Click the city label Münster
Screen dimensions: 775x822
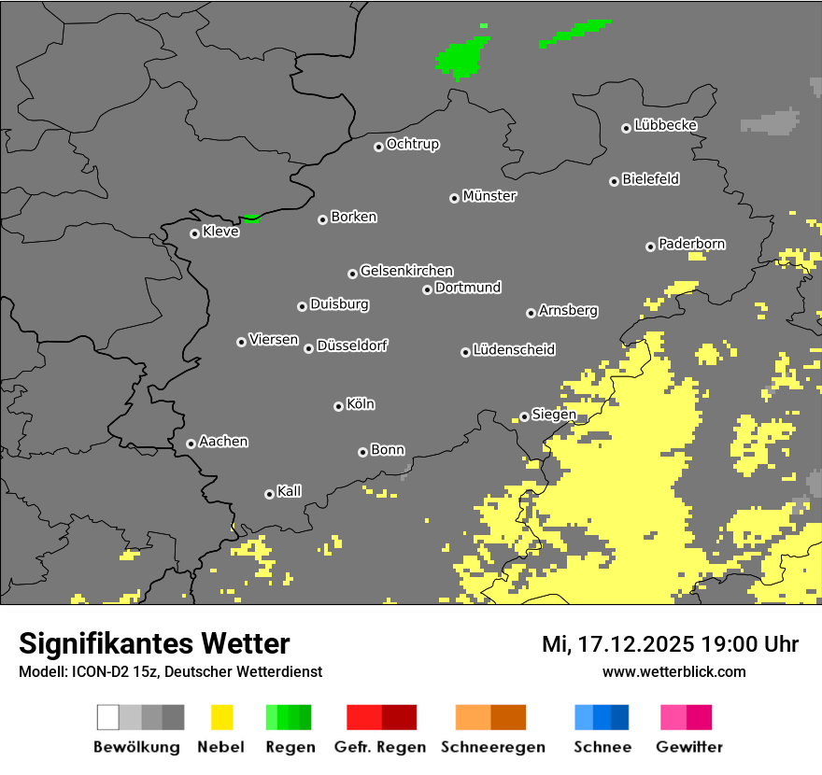click(489, 196)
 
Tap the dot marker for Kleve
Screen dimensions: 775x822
click(194, 233)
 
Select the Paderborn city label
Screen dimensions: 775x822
click(692, 245)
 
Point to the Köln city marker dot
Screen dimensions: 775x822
click(338, 406)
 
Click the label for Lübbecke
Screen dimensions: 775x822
click(666, 125)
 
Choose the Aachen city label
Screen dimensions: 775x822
click(223, 442)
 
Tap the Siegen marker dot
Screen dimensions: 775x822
click(524, 416)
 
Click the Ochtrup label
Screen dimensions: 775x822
click(413, 145)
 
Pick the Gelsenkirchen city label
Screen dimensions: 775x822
click(406, 271)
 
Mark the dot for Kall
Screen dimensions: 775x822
click(269, 494)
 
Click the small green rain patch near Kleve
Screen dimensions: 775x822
click(251, 218)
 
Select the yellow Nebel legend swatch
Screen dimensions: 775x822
click(221, 717)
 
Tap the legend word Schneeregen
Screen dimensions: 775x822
click(492, 747)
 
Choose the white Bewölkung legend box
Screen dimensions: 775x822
click(108, 717)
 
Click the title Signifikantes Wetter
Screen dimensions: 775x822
click(154, 643)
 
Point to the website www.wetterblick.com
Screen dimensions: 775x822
click(673, 671)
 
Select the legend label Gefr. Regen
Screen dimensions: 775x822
click(379, 747)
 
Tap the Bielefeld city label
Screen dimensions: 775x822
click(650, 179)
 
